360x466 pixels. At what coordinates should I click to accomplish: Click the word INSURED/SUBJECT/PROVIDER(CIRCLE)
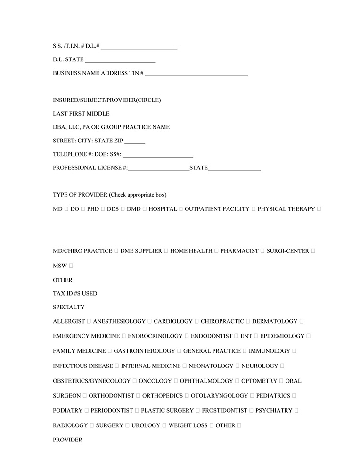point(106,100)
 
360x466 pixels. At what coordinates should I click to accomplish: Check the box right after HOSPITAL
point(181,209)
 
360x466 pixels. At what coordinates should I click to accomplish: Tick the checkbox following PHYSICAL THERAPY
point(319,209)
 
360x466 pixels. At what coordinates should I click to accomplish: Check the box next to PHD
point(103,209)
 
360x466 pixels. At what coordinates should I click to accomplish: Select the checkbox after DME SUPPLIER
point(166,251)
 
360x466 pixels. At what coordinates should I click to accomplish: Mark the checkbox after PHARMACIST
point(262,251)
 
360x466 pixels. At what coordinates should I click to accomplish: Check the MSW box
point(71,266)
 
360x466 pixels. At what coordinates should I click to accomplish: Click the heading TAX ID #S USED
point(75,293)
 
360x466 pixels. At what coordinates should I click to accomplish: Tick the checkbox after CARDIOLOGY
point(196,321)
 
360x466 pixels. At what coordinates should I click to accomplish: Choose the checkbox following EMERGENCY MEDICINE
point(123,336)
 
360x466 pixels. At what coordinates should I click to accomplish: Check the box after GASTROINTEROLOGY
point(179,351)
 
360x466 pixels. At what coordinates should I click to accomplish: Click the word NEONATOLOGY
point(211,366)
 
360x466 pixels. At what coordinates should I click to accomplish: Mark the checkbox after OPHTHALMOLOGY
point(237,381)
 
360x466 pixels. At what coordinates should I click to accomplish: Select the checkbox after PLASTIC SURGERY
point(198,410)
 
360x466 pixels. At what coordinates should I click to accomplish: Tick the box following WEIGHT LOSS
point(212,425)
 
